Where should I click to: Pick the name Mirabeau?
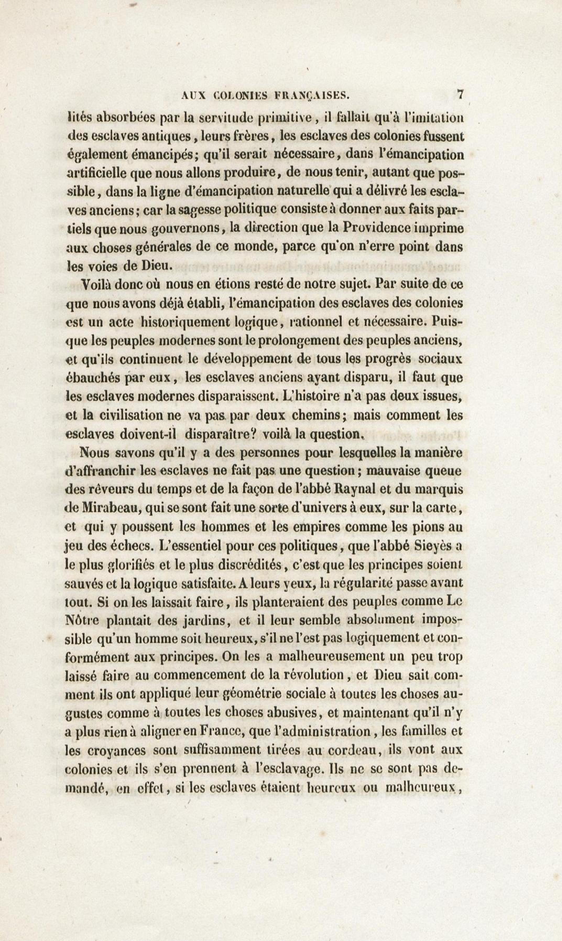click(x=112, y=508)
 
